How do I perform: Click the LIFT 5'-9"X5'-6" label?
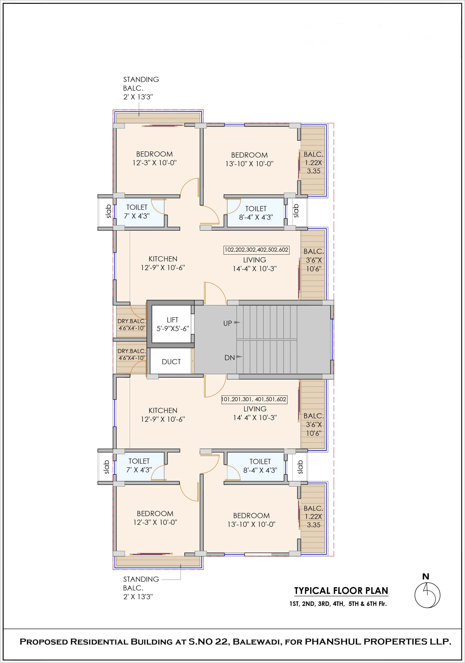(x=172, y=324)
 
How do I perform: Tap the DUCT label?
(x=171, y=362)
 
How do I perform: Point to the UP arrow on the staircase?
(x=237, y=322)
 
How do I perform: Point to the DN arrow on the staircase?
(x=239, y=357)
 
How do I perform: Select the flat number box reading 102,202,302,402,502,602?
(x=256, y=250)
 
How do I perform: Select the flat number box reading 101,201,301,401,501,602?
(x=254, y=399)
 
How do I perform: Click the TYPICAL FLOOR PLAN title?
(x=341, y=591)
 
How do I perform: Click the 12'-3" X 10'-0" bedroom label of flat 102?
(x=155, y=159)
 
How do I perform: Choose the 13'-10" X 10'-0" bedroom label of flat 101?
(x=251, y=520)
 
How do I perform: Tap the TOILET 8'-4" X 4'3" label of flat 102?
(x=256, y=213)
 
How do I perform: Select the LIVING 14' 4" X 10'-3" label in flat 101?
(x=255, y=413)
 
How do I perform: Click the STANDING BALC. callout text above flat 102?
(x=141, y=88)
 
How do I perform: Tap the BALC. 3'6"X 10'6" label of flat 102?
(x=314, y=260)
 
